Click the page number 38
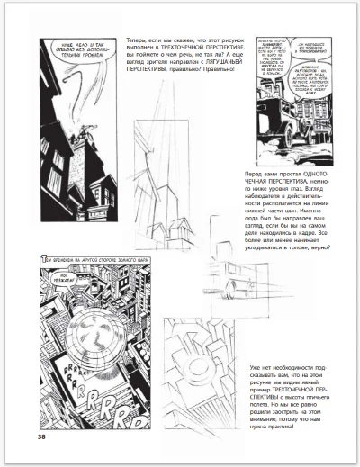point(42,437)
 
